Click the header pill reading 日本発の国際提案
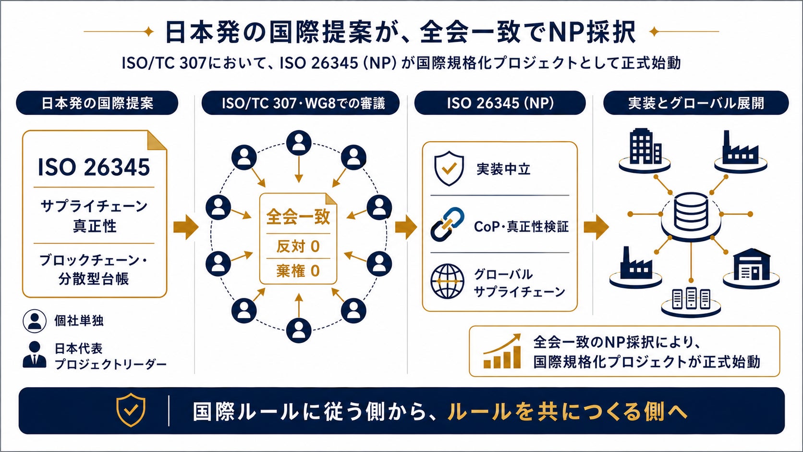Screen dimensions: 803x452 tap(97, 103)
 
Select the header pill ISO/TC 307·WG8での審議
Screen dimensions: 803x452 tap(301, 103)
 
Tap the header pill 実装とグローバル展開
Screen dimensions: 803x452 tap(696, 103)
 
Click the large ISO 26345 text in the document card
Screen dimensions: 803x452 tap(94, 167)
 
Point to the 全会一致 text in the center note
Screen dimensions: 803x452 tap(298, 217)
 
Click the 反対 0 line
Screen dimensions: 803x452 tap(298, 246)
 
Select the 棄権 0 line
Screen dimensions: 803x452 tap(298, 271)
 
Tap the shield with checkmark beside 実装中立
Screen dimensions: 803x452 tap(449, 169)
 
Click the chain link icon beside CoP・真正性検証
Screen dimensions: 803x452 tap(448, 224)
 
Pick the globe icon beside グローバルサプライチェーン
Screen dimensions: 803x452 tap(448, 281)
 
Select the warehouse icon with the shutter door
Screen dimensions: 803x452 tap(752, 264)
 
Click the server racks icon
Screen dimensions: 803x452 tap(691, 298)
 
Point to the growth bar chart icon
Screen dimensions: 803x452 tap(502, 351)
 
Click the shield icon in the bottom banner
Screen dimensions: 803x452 tap(131, 410)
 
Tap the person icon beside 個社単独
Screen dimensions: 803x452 tap(35, 321)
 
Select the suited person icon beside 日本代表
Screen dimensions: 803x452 tap(35, 354)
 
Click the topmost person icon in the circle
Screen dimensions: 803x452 tap(299, 143)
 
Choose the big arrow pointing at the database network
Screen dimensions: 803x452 tap(596, 227)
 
